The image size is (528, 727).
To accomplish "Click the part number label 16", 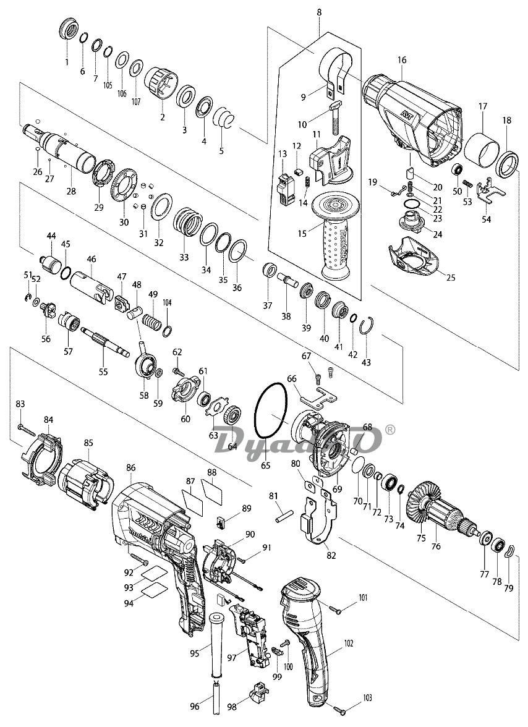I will pos(402,60).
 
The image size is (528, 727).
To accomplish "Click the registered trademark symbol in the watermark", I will pos(390,429).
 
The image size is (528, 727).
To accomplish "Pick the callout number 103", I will pos(368,697).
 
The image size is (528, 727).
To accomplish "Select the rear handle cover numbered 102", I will pos(307,643).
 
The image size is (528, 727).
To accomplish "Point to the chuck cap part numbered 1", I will pos(67,29).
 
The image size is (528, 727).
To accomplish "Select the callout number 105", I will pos(108,85).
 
